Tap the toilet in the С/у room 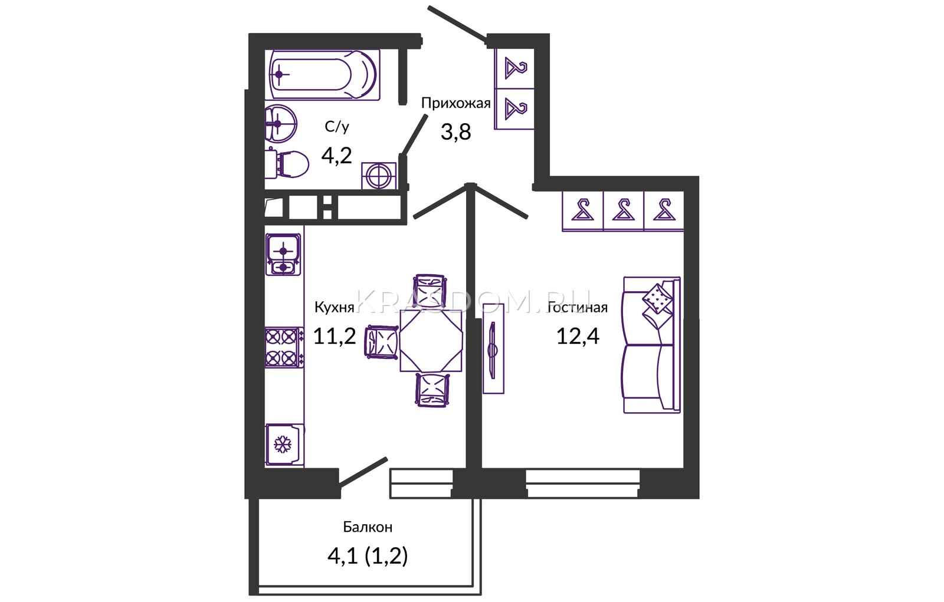coord(287,164)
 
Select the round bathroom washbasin coord(280,124)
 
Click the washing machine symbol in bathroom coord(379,176)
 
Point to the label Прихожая coord(456,103)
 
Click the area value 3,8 coord(455,132)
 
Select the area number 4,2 coord(336,156)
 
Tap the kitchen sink coord(283,255)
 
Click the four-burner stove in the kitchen coord(284,347)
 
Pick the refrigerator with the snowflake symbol coord(284,445)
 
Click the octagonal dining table coord(431,341)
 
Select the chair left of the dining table coord(382,341)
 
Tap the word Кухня coord(334,308)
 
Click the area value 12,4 coord(578,336)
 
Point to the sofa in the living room coord(651,344)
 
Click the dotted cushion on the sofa coord(657,298)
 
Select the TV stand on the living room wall coord(493,348)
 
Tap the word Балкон coord(368,527)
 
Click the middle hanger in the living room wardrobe coord(623,210)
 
